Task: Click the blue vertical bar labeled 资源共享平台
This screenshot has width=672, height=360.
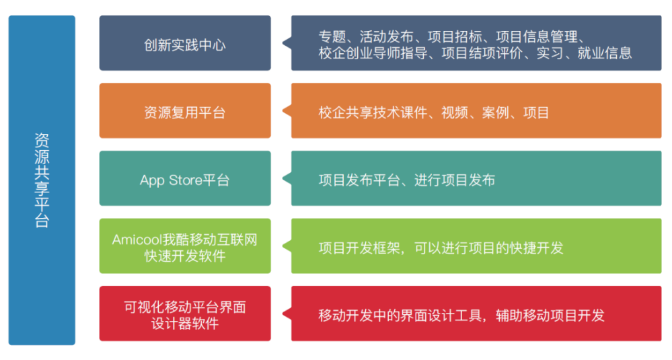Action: [x=42, y=180]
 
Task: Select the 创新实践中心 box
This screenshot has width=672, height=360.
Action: [x=185, y=43]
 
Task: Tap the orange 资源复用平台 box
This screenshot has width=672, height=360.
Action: [x=185, y=110]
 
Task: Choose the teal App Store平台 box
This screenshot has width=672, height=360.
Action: [x=185, y=178]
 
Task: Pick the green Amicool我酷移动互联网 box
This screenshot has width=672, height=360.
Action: [x=185, y=246]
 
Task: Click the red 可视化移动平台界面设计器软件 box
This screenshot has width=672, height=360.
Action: [x=185, y=314]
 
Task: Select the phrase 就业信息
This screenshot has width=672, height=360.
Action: [x=604, y=53]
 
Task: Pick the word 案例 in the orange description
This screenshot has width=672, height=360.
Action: [x=496, y=113]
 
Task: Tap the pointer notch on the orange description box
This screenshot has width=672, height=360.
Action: [x=287, y=110]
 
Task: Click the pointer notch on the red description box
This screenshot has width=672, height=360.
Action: [x=287, y=314]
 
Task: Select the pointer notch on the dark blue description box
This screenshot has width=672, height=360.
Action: [x=287, y=43]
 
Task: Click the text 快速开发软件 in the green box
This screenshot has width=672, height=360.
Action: [x=185, y=256]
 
